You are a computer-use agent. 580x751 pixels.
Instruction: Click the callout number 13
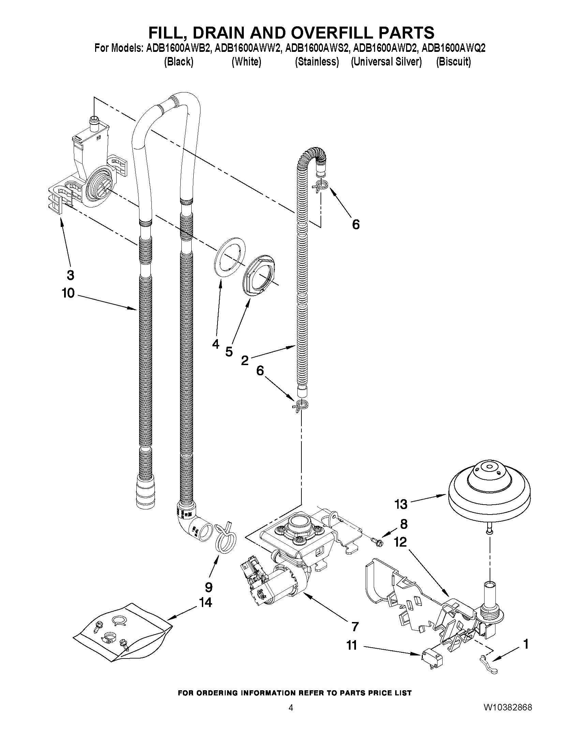401,504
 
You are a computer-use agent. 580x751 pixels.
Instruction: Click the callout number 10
68,293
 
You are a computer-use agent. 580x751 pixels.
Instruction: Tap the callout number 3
70,275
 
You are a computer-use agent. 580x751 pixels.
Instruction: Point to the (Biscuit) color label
453,62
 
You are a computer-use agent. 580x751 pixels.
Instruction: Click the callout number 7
355,626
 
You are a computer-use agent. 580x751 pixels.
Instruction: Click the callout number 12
400,542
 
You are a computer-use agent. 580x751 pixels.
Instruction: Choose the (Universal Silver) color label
386,62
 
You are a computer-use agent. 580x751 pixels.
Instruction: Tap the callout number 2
244,360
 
